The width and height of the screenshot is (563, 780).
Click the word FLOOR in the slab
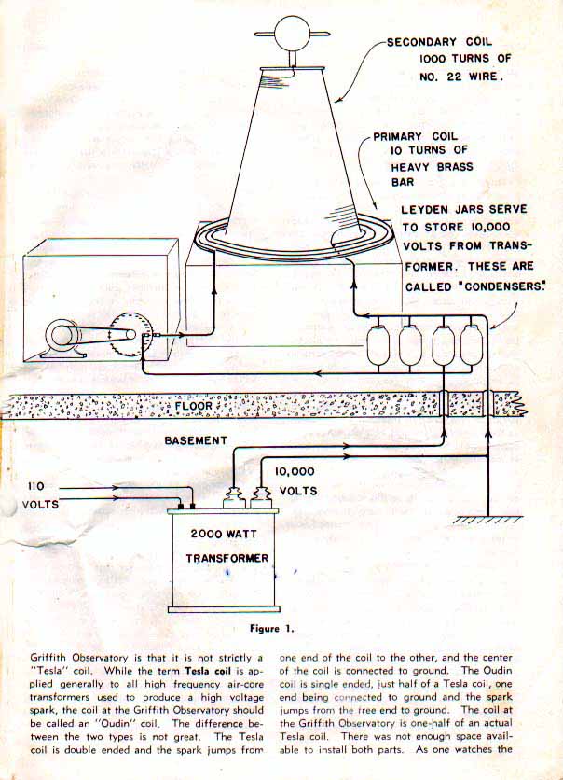click(194, 406)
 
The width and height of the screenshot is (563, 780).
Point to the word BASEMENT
click(196, 439)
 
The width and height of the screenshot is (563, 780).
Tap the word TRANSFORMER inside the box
click(227, 559)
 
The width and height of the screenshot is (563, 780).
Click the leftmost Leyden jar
click(378, 345)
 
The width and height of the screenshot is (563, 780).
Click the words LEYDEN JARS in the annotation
click(440, 210)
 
